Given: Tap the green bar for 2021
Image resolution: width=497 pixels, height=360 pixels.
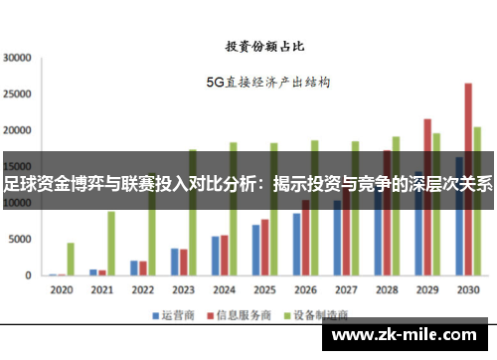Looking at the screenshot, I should (x=111, y=243).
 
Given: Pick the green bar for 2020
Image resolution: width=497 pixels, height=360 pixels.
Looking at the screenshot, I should (x=71, y=259).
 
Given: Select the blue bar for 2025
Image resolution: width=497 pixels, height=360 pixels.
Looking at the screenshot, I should (x=255, y=250).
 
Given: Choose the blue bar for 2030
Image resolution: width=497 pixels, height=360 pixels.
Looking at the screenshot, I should (x=458, y=215).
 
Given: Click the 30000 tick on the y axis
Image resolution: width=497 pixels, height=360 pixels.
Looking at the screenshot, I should (x=19, y=58).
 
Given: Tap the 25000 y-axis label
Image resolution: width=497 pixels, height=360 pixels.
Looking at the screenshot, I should (x=19, y=93).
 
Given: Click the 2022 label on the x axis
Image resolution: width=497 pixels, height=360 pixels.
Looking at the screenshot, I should (x=142, y=290).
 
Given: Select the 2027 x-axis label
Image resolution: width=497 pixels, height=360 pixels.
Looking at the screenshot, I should (x=346, y=290).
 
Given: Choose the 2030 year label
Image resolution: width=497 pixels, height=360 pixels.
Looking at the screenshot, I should (x=468, y=290).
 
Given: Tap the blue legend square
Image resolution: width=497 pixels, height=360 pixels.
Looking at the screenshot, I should (x=156, y=315).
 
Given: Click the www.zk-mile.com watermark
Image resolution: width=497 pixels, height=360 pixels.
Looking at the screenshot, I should (x=409, y=334).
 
